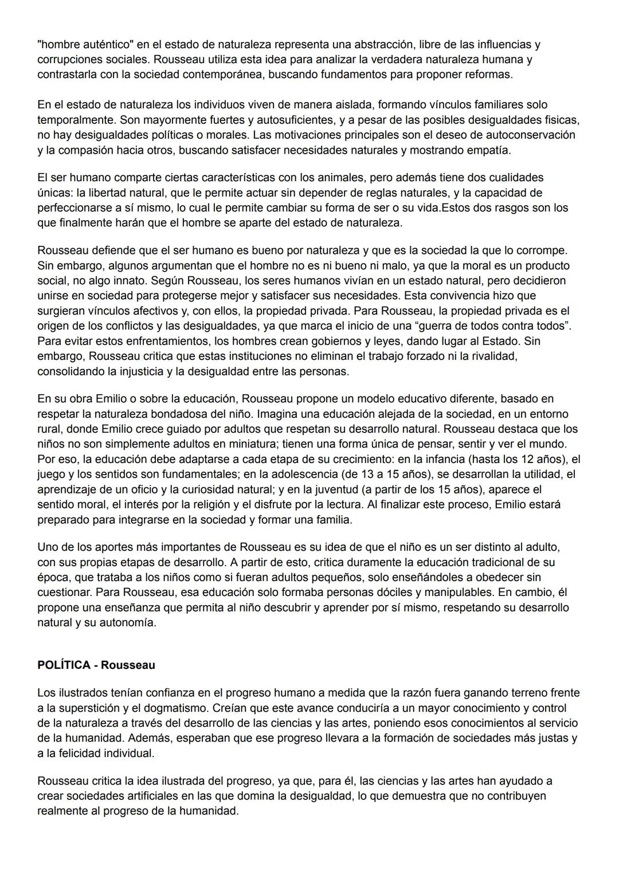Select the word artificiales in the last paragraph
[147, 796]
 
